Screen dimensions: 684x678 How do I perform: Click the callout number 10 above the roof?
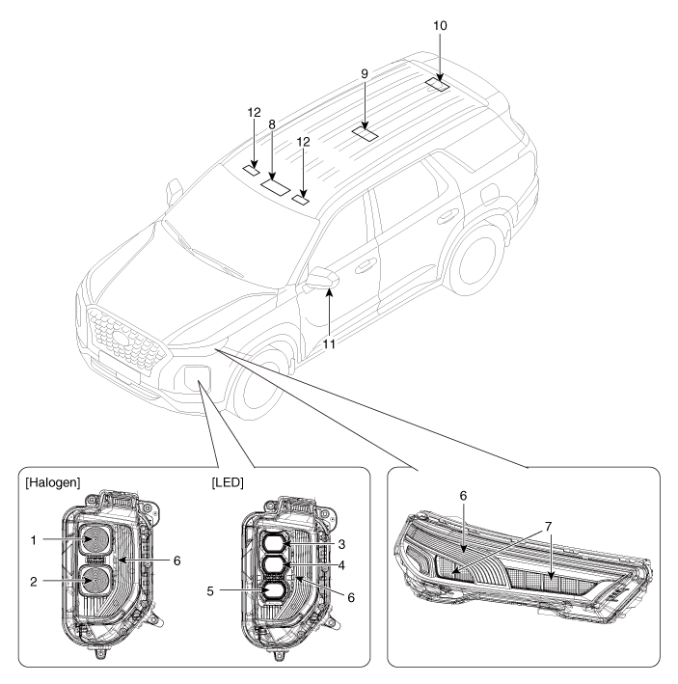[441, 23]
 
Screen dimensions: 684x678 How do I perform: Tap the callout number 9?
[365, 98]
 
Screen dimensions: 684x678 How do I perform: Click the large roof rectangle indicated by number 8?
[277, 186]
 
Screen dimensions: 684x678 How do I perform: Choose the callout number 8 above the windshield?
[273, 124]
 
